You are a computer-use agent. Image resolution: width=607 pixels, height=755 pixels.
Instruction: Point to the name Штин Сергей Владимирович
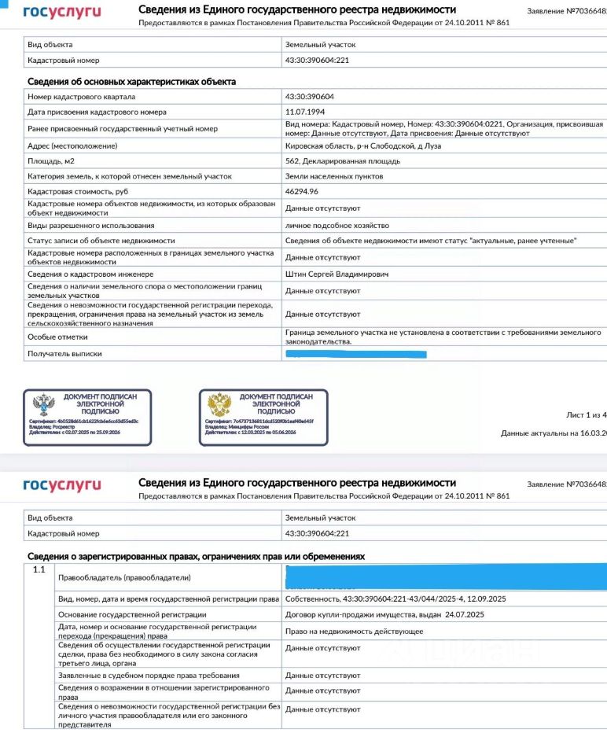click(x=337, y=274)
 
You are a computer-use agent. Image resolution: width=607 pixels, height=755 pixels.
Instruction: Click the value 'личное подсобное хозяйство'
click(x=332, y=225)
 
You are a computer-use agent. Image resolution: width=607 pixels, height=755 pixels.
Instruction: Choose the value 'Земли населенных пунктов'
click(x=334, y=176)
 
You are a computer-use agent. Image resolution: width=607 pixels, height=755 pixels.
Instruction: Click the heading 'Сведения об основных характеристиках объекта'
click(x=131, y=81)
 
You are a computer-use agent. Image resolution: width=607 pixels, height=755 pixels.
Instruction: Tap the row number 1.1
click(x=39, y=569)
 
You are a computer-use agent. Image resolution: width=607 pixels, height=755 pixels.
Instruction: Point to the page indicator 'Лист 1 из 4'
click(x=586, y=414)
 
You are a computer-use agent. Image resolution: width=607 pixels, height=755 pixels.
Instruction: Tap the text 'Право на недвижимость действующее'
click(x=354, y=631)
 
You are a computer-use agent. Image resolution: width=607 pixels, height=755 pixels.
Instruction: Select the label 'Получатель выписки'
click(x=64, y=354)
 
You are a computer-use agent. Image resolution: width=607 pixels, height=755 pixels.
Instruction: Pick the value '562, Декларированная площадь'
click(x=342, y=160)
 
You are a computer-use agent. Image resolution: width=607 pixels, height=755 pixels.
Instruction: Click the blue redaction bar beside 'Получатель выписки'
click(x=355, y=355)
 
